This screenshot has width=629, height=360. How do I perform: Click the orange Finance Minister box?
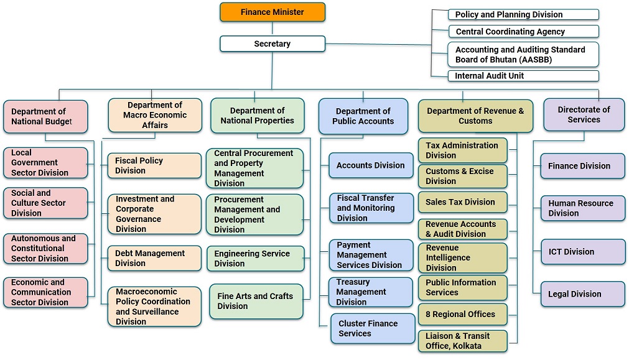click(x=273, y=12)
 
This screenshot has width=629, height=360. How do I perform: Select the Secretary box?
click(x=273, y=44)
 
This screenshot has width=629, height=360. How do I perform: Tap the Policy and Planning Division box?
click(x=523, y=14)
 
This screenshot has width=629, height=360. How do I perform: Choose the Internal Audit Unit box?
click(x=523, y=76)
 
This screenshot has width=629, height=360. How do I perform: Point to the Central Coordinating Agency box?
click(x=523, y=31)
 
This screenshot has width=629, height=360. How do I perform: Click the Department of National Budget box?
click(x=45, y=116)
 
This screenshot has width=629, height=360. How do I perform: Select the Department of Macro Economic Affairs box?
click(x=155, y=115)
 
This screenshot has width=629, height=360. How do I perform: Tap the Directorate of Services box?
click(x=584, y=114)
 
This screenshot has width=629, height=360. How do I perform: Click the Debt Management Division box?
click(x=154, y=258)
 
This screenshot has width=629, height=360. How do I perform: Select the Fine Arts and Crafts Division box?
click(x=256, y=301)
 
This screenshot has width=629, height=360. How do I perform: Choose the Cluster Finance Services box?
click(x=373, y=328)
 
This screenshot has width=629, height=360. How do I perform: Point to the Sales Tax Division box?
click(x=462, y=202)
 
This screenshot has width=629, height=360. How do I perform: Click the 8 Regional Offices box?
click(x=462, y=315)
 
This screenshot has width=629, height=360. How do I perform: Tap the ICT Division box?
click(x=582, y=252)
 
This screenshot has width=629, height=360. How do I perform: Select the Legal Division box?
click(x=582, y=294)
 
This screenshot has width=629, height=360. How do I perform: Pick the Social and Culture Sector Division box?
click(x=45, y=203)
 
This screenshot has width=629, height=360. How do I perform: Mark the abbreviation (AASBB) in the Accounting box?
click(x=530, y=60)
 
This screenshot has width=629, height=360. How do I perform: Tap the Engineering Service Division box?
click(x=256, y=259)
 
